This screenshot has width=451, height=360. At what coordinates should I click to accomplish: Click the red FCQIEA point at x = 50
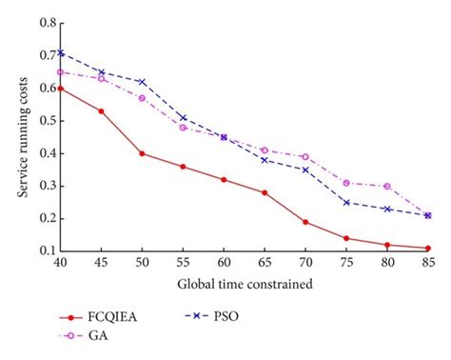[x=141, y=153]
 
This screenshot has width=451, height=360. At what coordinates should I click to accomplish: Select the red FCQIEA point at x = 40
[x=60, y=88]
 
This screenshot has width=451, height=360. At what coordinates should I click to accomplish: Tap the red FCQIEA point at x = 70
[x=304, y=222]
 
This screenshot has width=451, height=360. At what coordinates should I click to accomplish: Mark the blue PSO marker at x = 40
[x=60, y=52]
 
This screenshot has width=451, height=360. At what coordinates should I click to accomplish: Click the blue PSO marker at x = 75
[x=345, y=202]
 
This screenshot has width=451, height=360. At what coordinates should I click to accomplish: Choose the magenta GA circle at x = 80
[x=386, y=187]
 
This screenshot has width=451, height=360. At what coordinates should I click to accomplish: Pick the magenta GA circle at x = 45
[x=101, y=78]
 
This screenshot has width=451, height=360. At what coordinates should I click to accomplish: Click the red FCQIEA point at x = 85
[x=427, y=248]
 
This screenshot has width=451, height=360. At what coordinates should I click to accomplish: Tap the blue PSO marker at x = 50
[x=141, y=82]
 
